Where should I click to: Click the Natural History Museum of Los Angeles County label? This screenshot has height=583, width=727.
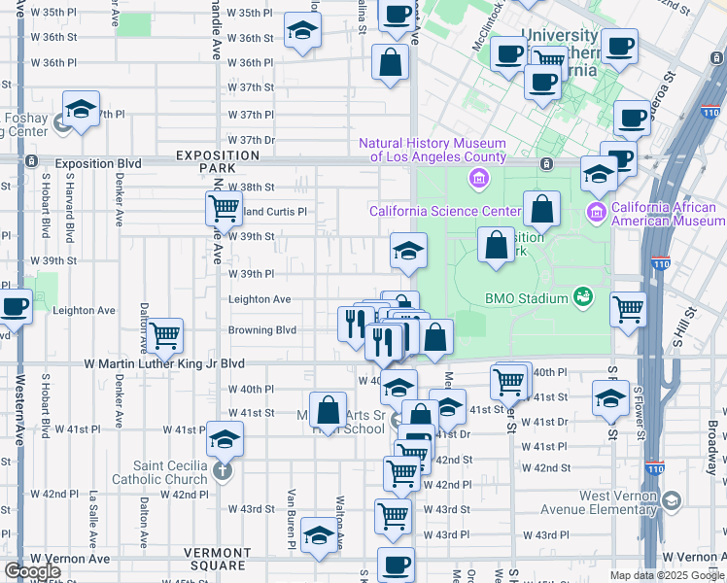[433, 150]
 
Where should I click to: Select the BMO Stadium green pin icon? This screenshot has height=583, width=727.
[583, 294]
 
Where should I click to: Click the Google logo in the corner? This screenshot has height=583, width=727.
[32, 570]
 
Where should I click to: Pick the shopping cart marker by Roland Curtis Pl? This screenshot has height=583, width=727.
[224, 207]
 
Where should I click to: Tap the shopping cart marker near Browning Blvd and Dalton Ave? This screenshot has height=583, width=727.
[165, 335]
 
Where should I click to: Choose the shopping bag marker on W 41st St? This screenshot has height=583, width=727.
[328, 408]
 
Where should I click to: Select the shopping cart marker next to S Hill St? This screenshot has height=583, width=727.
[628, 309]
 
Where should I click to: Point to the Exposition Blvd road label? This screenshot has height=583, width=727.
[98, 163]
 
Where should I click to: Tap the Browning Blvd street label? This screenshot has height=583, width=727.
[261, 330]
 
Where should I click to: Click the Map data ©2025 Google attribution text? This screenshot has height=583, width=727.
[667, 575]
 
